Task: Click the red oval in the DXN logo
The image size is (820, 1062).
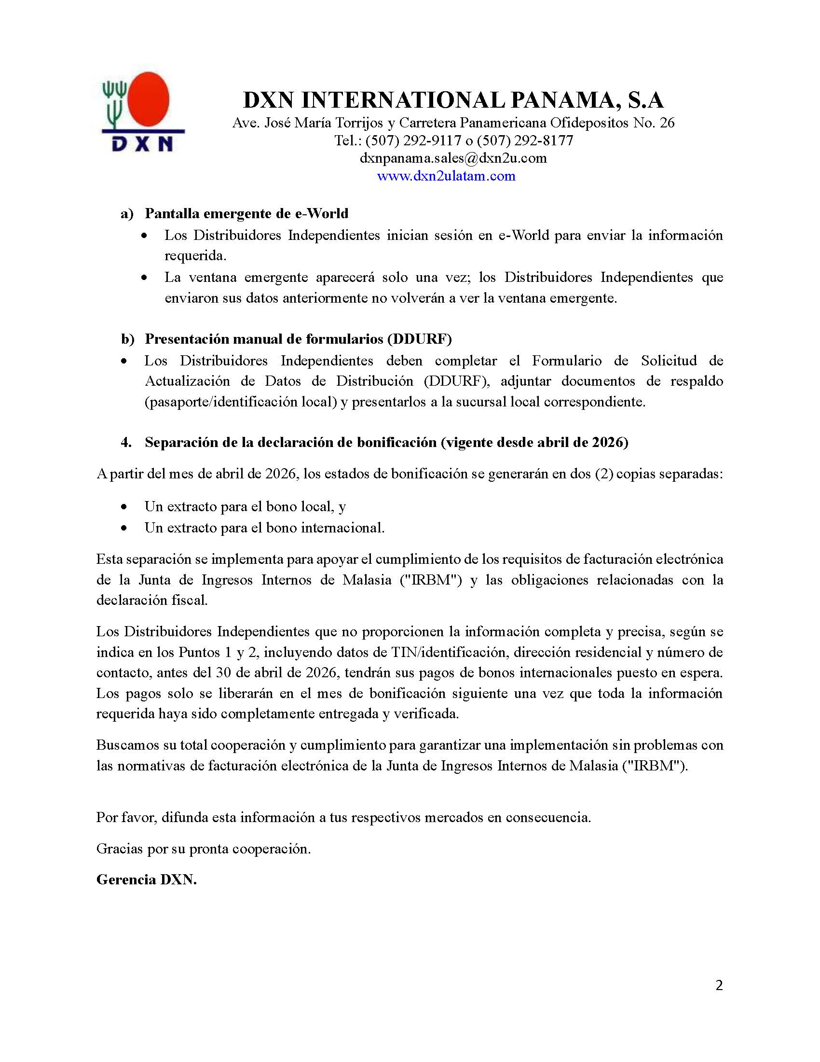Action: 148,100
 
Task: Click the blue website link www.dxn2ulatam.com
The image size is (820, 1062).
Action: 446,176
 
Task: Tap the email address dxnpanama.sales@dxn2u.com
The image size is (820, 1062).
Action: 453,158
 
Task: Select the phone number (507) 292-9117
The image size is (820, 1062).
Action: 413,140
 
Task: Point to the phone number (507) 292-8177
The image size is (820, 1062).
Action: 525,140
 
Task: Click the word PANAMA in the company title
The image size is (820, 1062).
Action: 564,100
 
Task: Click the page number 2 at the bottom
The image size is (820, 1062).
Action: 719,985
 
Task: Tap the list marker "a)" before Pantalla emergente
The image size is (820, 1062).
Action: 127,213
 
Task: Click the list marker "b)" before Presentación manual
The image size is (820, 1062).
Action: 127,339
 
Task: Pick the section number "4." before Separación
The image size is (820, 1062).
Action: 126,442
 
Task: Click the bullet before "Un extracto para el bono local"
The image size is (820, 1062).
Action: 124,507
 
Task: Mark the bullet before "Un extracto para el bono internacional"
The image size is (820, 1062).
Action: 124,528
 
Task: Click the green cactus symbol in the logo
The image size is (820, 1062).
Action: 115,102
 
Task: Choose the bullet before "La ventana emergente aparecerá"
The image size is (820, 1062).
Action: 144,278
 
